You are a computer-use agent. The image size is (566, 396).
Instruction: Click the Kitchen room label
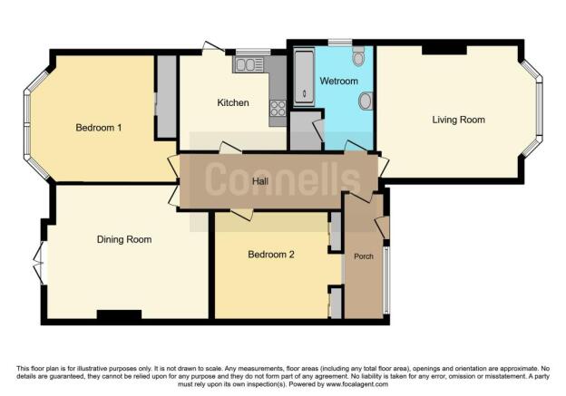pyautogui.click(x=232, y=102)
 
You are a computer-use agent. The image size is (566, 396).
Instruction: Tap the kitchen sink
pyautogui.click(x=248, y=63)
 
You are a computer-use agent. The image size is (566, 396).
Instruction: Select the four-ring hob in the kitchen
pyautogui.click(x=278, y=108)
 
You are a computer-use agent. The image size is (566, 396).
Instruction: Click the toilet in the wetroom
pyautogui.click(x=360, y=58)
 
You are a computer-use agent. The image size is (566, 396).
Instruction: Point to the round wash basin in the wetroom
pyautogui.click(x=366, y=101)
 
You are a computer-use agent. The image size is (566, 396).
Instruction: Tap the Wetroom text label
pyautogui.click(x=339, y=82)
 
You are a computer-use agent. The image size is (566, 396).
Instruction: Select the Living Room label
pyautogui.click(x=458, y=120)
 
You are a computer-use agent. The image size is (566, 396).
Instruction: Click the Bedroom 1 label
pyautogui.click(x=98, y=128)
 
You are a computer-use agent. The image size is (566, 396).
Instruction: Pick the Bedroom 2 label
pyautogui.click(x=271, y=255)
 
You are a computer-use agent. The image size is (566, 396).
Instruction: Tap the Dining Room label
pyautogui.click(x=124, y=239)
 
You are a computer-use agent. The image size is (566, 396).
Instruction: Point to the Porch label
pyautogui.click(x=364, y=256)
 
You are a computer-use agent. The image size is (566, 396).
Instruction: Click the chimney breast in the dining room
pyautogui.click(x=119, y=315)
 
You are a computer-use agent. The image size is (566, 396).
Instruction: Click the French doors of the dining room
pyautogui.click(x=39, y=263)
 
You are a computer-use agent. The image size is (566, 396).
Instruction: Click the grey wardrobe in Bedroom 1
pyautogui.click(x=166, y=97)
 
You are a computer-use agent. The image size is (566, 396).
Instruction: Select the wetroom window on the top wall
pyautogui.click(x=340, y=42)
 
